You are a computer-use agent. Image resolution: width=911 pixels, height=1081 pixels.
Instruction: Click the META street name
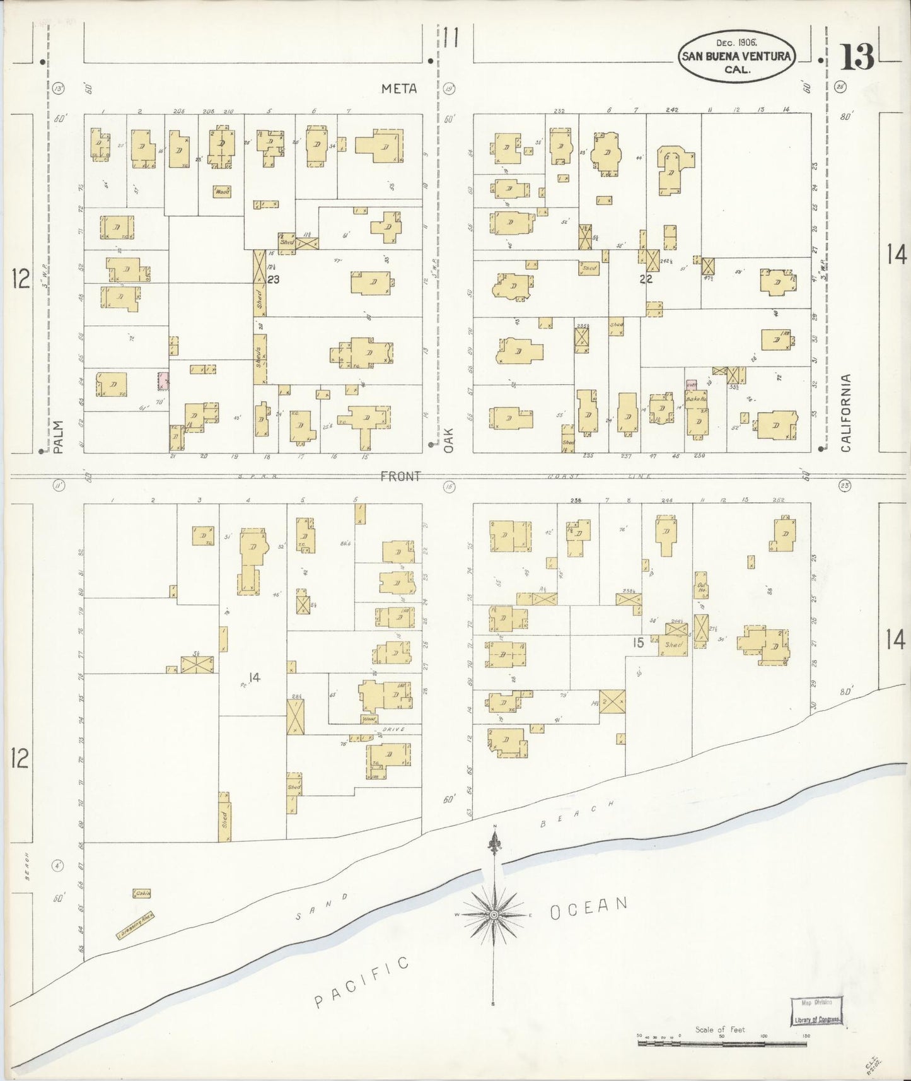tap(399, 89)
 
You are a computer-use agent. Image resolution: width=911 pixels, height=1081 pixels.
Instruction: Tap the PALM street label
tap(59, 438)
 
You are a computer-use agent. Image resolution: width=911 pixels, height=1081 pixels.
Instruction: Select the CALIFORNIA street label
tap(845, 413)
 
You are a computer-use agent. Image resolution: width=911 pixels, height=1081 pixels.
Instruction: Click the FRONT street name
tap(400, 477)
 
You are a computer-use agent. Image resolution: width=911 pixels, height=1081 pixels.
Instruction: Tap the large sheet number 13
tap(857, 58)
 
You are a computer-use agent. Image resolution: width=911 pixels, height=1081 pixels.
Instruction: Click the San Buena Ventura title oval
tap(736, 56)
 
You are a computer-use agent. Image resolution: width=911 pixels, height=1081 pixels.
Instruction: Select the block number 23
tap(273, 279)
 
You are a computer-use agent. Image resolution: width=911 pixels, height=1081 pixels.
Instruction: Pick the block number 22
tap(646, 278)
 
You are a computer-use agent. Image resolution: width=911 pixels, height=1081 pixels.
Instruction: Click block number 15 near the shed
tap(639, 643)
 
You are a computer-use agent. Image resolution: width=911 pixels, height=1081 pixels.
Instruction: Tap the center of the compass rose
tap(494, 914)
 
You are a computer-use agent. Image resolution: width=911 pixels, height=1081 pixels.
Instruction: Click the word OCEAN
tap(589, 908)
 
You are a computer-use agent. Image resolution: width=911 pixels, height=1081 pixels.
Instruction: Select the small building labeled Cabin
tap(141, 894)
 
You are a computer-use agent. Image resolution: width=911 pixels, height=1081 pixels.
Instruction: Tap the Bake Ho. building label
tap(695, 399)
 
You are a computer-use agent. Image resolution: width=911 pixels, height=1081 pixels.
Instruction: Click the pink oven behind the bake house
tap(692, 384)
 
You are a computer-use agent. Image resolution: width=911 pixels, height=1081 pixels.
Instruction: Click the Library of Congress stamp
tap(816, 1012)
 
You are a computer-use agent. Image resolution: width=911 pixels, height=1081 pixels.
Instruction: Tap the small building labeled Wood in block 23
tap(221, 191)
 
